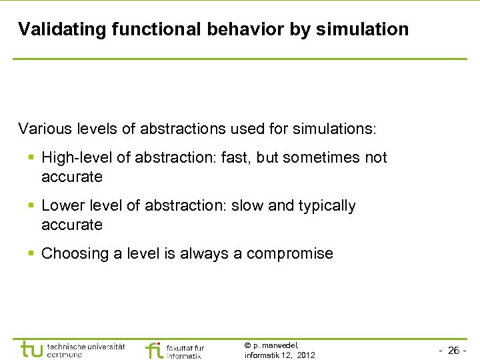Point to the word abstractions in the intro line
pos(178,128)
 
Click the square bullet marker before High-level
pos(31,159)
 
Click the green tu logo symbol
pos(31,349)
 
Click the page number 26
pos(453,351)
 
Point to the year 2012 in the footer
pos(305,355)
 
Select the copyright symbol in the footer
pos(247,345)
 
